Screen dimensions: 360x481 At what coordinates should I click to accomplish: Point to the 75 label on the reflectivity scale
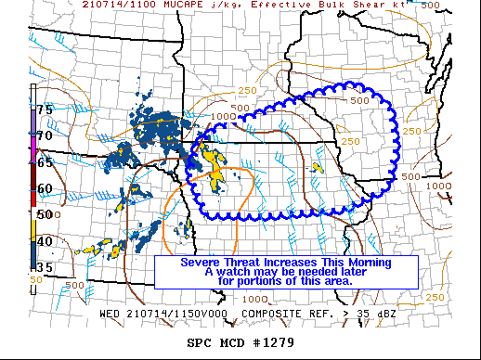tap(45, 109)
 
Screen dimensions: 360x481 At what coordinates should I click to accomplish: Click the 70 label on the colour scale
tap(45, 136)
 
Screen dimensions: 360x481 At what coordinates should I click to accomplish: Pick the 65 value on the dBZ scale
tap(45, 162)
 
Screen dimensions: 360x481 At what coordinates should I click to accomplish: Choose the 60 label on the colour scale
tap(45, 188)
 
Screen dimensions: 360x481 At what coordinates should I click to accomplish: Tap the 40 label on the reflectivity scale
tap(45, 241)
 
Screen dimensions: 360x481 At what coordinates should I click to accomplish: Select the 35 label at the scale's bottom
tap(45, 267)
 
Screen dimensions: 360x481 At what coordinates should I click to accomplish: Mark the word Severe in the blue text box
tap(201, 263)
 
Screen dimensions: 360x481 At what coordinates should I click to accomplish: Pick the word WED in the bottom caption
tap(110, 314)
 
